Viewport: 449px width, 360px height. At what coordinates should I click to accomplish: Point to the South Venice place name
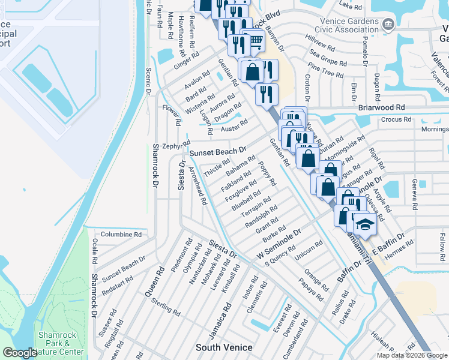coord(224,347)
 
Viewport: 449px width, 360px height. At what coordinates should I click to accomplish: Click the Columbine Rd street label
coord(121,235)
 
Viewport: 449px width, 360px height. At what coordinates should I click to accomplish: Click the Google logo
coord(20,353)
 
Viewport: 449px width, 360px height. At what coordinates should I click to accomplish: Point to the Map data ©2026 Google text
coord(411,355)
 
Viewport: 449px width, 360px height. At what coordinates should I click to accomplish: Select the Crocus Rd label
coord(394,119)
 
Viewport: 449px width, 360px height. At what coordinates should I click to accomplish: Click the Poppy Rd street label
coord(267,173)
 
